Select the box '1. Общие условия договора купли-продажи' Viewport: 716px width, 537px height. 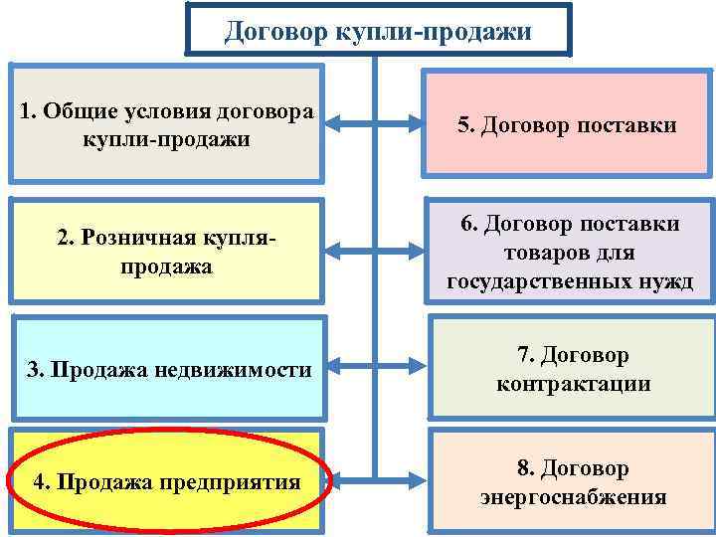[x=166, y=123]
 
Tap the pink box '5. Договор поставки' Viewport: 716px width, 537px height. [x=567, y=125]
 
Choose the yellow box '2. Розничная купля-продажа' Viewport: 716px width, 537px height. [x=166, y=252]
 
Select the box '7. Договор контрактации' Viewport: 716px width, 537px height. [x=572, y=369]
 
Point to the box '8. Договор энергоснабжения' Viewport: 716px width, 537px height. [x=572, y=482]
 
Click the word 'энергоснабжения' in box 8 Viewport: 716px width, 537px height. [x=573, y=497]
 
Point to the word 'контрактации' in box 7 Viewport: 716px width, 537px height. [x=573, y=384]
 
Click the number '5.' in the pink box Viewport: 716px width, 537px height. [x=467, y=125]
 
